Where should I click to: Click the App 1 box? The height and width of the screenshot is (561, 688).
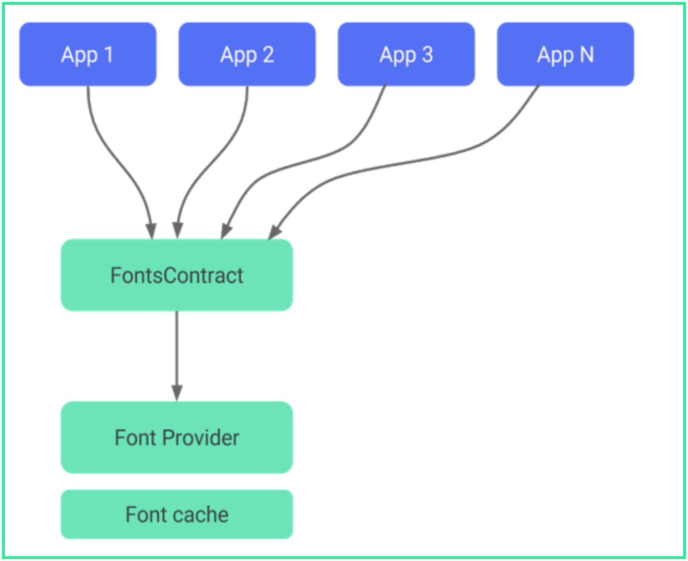pos(88,54)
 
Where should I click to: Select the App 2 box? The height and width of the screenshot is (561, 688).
pos(247,54)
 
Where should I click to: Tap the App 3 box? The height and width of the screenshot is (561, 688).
pos(406,54)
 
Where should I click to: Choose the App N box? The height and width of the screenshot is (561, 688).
pos(565,54)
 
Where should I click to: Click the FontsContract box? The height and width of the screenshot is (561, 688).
pos(177,275)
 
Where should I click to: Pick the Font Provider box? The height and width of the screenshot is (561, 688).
pos(177,437)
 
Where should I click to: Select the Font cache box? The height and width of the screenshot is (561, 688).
pos(177,514)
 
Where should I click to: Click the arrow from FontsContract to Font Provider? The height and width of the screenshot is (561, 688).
pos(177,349)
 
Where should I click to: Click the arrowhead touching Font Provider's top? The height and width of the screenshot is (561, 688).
pos(177,393)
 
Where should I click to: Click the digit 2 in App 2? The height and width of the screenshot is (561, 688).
pos(268,55)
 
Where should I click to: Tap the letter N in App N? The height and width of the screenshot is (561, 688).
pos(587,55)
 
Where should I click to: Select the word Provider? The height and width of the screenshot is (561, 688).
pos(201,438)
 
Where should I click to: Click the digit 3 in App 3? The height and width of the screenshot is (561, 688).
pos(427,55)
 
